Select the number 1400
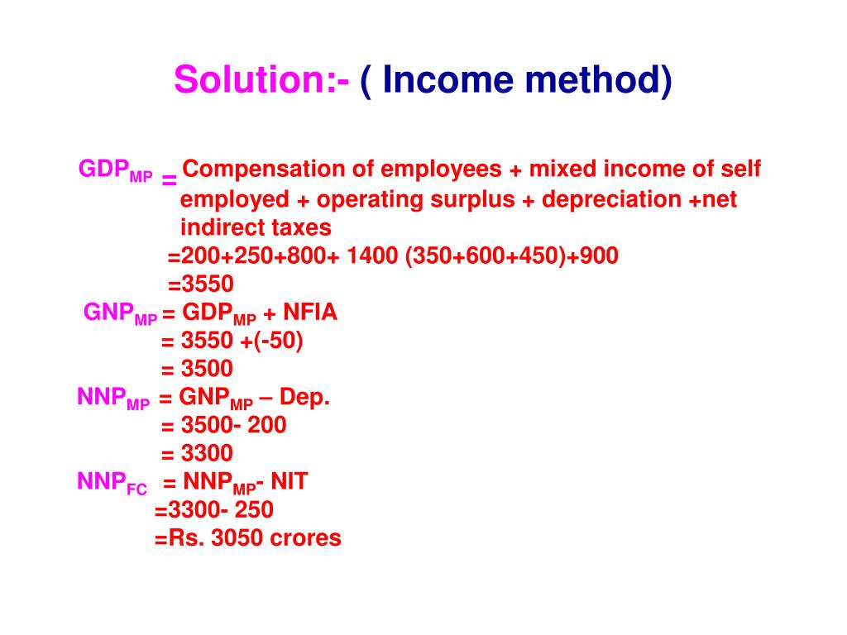click(x=373, y=256)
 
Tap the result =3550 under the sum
click(x=201, y=284)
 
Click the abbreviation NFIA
click(x=310, y=313)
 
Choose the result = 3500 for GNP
click(x=197, y=369)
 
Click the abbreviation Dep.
click(x=305, y=398)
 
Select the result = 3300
click(x=197, y=453)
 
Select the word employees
click(x=440, y=170)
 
